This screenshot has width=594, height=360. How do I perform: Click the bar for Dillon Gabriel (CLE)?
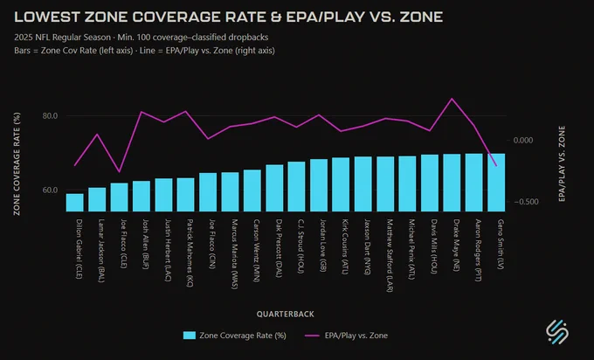[x=74, y=203]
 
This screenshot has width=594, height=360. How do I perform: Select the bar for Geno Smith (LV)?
[x=496, y=183]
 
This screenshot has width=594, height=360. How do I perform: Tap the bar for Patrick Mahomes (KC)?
[x=185, y=195]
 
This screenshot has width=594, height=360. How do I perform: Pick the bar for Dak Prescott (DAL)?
[x=274, y=188]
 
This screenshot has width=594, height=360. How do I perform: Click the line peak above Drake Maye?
[x=452, y=99]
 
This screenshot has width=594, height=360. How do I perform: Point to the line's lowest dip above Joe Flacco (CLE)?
[x=120, y=171]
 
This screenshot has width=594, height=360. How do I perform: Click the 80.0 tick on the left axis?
[x=50, y=116]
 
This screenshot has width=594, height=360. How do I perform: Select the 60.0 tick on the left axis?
[x=50, y=190]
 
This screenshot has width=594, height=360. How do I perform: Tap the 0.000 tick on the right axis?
[x=522, y=140]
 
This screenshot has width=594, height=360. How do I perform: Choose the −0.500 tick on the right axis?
[x=526, y=202]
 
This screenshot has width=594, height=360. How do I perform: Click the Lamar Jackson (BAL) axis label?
[x=101, y=251]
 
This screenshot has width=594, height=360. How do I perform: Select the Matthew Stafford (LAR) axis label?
[x=390, y=255]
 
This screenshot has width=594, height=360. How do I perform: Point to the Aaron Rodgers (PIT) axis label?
[x=478, y=250]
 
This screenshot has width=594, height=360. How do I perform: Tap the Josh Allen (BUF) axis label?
[x=146, y=244]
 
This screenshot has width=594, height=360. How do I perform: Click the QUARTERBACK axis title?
[x=286, y=315]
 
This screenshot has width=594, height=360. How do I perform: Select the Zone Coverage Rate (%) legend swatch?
[x=190, y=336]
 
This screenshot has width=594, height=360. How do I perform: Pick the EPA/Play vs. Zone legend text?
[x=356, y=336]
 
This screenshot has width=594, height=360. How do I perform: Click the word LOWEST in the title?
[x=47, y=17]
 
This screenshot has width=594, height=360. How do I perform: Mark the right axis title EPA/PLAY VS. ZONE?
[x=562, y=163]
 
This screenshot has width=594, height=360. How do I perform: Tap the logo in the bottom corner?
[x=557, y=332]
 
